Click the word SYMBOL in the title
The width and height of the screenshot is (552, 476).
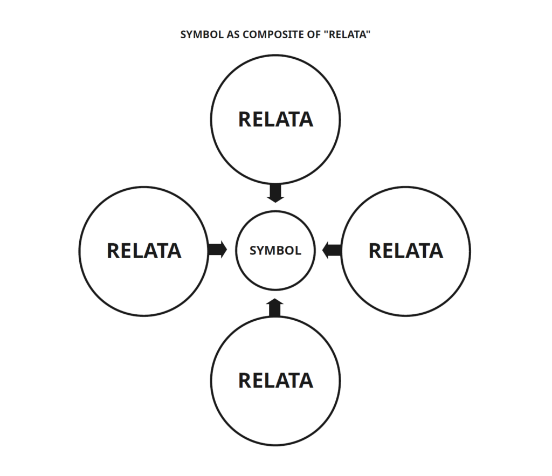[197, 35]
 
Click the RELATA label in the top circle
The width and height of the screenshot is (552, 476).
[275, 119]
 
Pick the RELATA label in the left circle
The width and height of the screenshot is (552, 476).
[144, 251]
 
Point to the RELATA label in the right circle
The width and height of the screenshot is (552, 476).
[405, 251]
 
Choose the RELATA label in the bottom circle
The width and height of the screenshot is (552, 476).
[275, 381]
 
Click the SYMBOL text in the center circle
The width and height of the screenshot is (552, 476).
[275, 251]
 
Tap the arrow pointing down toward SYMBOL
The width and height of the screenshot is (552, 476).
[275, 193]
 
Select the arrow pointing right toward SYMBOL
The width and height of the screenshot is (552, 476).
[217, 250]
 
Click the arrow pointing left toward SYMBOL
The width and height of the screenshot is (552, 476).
[332, 250]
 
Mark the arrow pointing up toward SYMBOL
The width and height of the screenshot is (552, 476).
[275, 307]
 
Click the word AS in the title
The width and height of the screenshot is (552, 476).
[224, 35]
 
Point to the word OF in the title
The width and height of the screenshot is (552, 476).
[305, 35]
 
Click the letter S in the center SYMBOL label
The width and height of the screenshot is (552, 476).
[253, 251]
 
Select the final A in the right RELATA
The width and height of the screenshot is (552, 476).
[436, 251]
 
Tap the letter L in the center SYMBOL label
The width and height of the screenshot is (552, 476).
[298, 251]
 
